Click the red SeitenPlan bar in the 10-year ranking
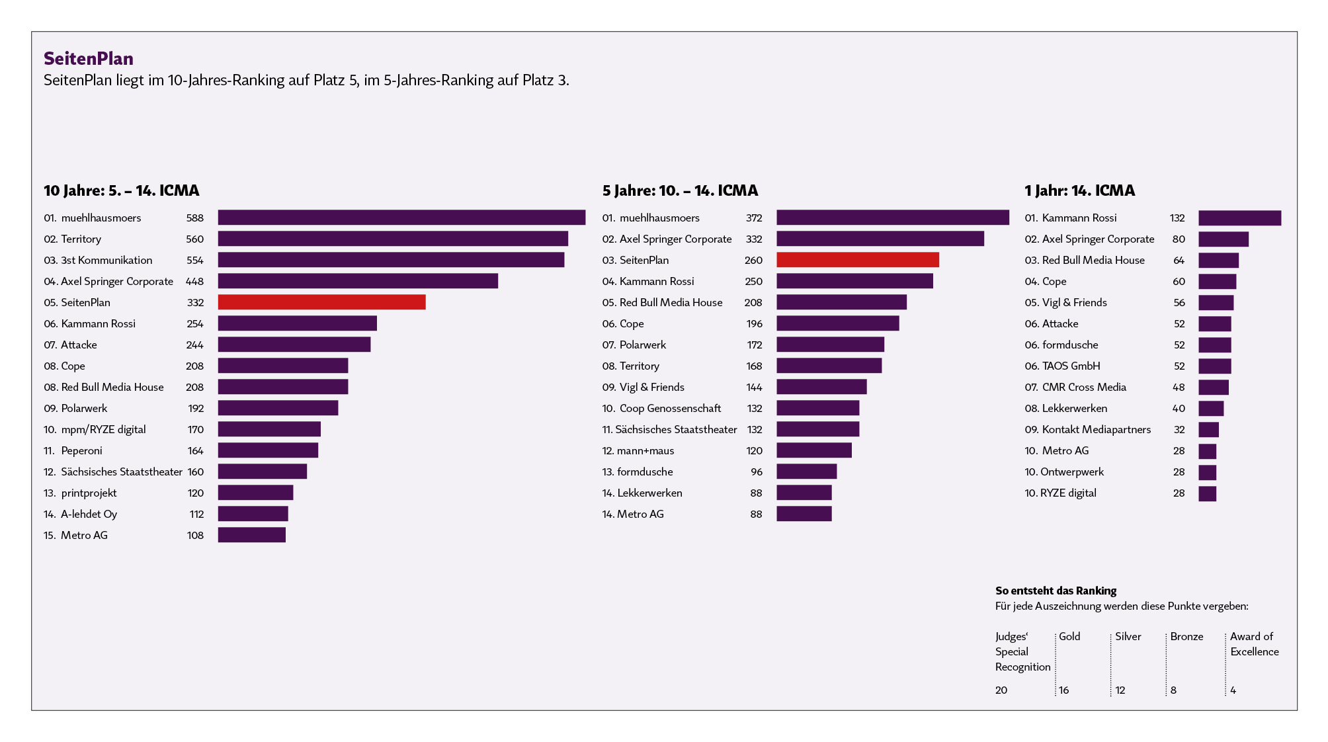pyautogui.click(x=322, y=302)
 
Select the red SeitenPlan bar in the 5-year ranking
pyautogui.click(x=858, y=260)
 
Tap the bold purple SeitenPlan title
pyautogui.click(x=89, y=59)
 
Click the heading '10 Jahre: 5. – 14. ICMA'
pyautogui.click(x=122, y=190)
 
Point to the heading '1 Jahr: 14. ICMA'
pyautogui.click(x=1080, y=190)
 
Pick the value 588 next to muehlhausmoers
pyautogui.click(x=195, y=218)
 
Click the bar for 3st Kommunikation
pyautogui.click(x=392, y=260)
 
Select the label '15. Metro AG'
pyautogui.click(x=75, y=535)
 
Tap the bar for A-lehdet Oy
pyautogui.click(x=253, y=514)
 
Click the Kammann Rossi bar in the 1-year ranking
pyautogui.click(x=1240, y=218)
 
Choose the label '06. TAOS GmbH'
pyautogui.click(x=1063, y=366)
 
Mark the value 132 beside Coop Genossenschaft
pyautogui.click(x=755, y=408)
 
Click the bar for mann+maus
pyautogui.click(x=814, y=450)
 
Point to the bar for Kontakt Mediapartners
pyautogui.click(x=1209, y=429)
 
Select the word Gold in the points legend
pyautogui.click(x=1069, y=636)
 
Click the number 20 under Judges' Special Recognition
pyautogui.click(x=1001, y=690)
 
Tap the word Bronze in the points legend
pyautogui.click(x=1187, y=636)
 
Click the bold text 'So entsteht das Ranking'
pyautogui.click(x=1056, y=591)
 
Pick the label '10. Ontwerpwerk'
pyautogui.click(x=1064, y=472)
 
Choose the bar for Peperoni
pyautogui.click(x=269, y=450)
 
